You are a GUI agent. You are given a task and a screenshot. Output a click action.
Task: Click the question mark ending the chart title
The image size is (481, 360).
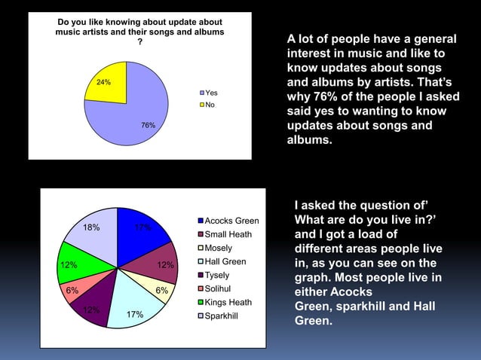[139, 42]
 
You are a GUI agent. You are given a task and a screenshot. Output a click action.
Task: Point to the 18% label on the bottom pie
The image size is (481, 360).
[91, 227]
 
